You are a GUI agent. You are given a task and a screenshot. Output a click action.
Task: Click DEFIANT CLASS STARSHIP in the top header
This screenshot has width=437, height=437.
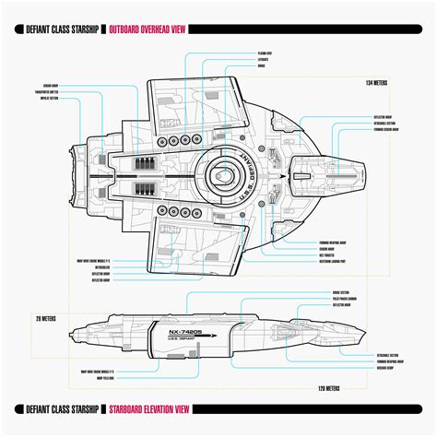58,30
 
